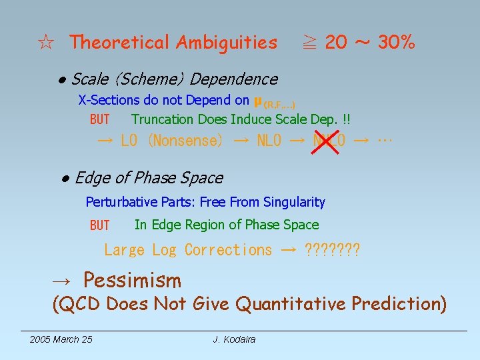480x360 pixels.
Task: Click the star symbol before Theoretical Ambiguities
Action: pos(46,43)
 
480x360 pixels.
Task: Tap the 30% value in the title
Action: pos(397,43)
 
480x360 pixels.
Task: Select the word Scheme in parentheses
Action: pos(151,79)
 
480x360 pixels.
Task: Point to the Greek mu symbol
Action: pos(257,101)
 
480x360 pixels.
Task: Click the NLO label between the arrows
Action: pos(269,141)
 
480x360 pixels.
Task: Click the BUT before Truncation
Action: pos(99,120)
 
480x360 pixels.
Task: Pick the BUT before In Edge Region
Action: pos(99,225)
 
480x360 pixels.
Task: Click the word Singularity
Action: pos(294,202)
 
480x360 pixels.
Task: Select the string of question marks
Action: pos(331,250)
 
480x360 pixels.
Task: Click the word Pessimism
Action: pos(132,280)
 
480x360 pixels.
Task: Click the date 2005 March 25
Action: pos(61,340)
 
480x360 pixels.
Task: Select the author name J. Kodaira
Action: pos(234,340)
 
